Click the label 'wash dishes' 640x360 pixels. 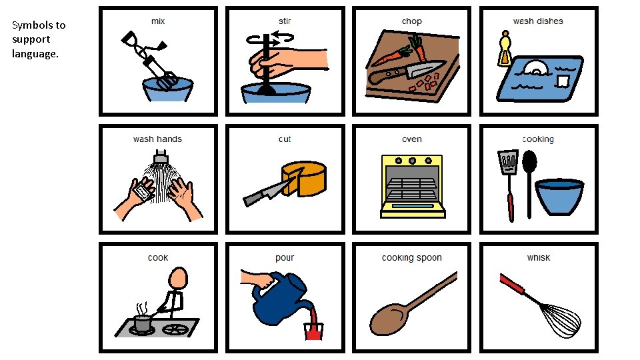pos(537,21)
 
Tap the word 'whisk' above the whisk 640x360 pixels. pos(538,258)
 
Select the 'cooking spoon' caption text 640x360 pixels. pos(411,258)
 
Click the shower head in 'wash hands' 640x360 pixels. pos(161,158)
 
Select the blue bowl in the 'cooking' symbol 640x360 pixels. pos(559,197)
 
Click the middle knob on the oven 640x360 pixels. pos(411,161)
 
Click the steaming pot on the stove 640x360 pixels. pos(141,323)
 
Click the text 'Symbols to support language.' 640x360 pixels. pos(39,39)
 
